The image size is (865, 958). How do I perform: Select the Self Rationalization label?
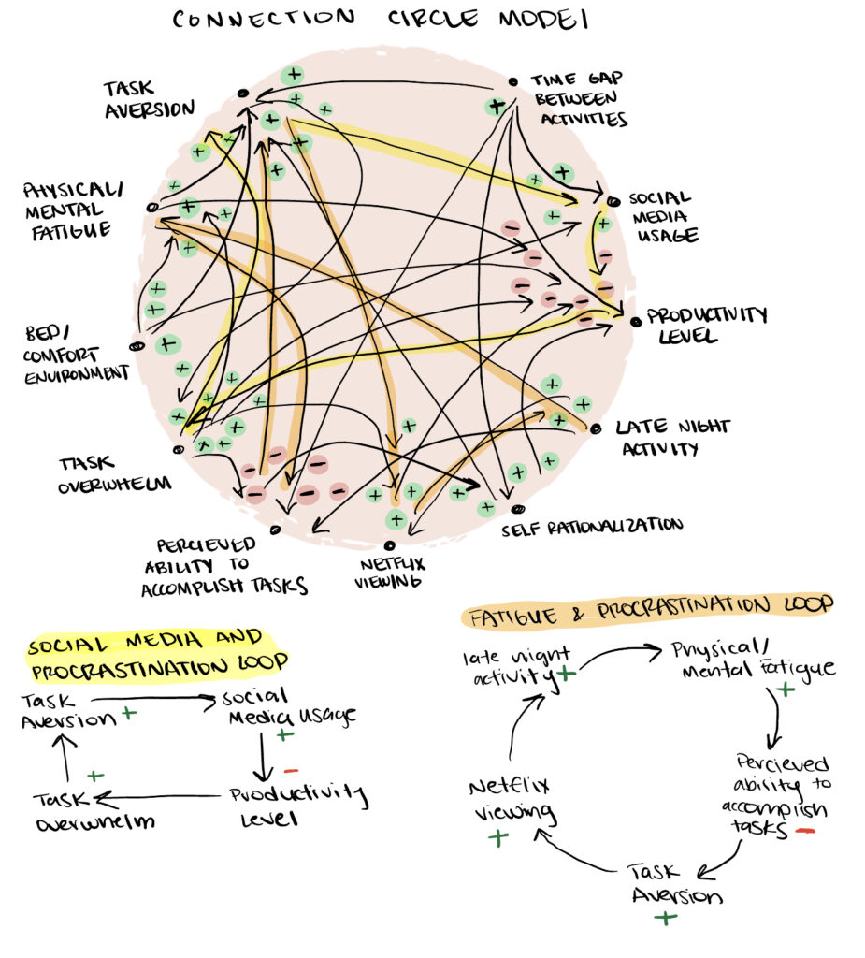click(590, 526)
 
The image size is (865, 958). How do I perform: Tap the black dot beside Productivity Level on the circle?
click(635, 322)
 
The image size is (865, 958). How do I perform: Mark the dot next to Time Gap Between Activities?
click(512, 81)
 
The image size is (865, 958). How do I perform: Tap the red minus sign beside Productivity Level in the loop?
click(290, 771)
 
